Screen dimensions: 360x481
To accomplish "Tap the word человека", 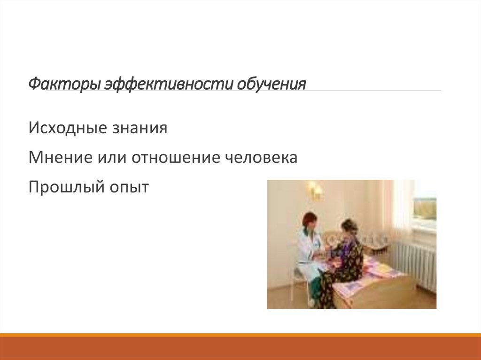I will (261, 158).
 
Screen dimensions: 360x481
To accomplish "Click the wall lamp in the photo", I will (314, 190).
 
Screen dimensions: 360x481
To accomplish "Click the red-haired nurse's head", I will (310, 220).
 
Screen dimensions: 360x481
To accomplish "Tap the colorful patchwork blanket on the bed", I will (376, 275).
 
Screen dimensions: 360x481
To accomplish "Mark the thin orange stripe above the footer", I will (240, 335).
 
